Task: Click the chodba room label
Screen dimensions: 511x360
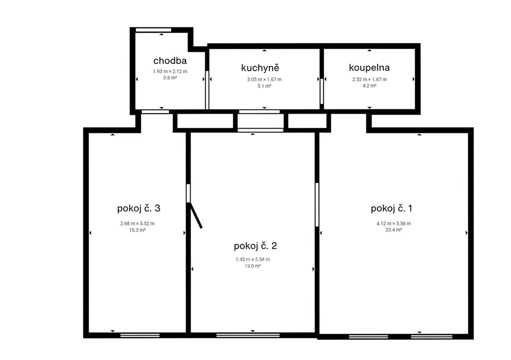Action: click(170, 60)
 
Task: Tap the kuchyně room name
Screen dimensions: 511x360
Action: click(260, 67)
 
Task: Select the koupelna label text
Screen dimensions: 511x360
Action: click(369, 67)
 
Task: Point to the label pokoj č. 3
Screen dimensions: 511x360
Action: click(139, 208)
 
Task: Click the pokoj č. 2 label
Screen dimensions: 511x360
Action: click(255, 246)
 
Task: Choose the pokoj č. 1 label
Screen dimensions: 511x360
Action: click(391, 208)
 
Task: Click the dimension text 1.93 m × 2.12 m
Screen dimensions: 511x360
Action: click(170, 71)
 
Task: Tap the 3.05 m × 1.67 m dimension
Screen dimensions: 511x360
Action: click(264, 79)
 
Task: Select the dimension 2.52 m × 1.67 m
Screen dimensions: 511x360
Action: click(370, 79)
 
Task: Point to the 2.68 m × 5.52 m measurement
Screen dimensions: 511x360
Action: click(137, 223)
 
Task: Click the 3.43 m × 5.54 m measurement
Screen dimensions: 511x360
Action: click(253, 259)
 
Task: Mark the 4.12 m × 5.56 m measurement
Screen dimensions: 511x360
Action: click(394, 223)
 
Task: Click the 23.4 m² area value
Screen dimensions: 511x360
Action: click(394, 230)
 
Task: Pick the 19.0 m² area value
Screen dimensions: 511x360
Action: click(253, 266)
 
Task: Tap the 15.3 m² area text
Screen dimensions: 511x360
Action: click(137, 230)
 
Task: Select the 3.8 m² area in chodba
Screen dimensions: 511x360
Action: click(170, 78)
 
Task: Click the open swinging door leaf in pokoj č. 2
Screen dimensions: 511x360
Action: click(196, 215)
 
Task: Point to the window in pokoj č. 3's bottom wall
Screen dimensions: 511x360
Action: click(140, 335)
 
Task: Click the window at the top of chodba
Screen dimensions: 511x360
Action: click(154, 30)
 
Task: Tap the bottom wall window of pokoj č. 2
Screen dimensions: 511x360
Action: click(248, 335)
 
